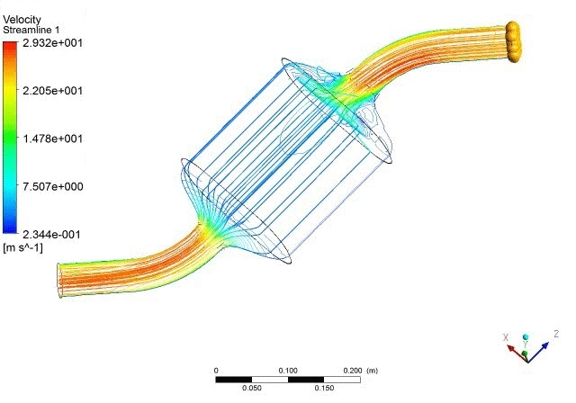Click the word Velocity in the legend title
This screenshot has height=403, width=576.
click(x=22, y=20)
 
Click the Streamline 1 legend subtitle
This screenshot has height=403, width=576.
click(x=31, y=30)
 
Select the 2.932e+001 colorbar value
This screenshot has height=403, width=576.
click(x=52, y=43)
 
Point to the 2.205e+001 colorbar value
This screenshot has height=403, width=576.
click(x=52, y=91)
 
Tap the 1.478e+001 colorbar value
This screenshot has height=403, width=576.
click(x=52, y=139)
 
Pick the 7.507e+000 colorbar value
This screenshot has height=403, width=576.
click(x=52, y=186)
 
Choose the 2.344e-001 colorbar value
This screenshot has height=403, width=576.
click(x=51, y=235)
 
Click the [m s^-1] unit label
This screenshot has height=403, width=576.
click(x=22, y=247)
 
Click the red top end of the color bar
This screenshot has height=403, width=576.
click(x=10, y=44)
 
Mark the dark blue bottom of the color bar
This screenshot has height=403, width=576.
click(x=10, y=230)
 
